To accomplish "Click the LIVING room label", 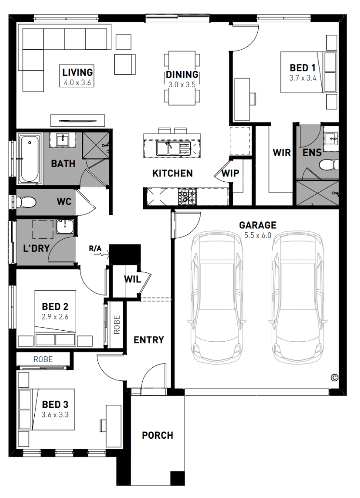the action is [78, 72].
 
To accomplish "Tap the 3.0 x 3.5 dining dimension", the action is [182, 85].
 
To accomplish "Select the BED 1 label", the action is [303, 67].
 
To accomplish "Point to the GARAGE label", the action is [257, 225].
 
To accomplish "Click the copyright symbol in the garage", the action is [334, 377].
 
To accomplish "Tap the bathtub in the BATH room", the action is [30, 159].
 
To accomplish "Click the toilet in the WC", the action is [26, 202].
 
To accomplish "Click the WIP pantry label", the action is [230, 173].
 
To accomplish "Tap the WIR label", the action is [281, 152].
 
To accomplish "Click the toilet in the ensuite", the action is [329, 165].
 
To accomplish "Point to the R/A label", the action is [95, 248].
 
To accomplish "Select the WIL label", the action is [133, 279].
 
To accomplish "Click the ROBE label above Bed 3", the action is [43, 359].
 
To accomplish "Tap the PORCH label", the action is [158, 435].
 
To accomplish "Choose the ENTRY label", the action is [148, 340].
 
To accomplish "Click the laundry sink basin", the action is [65, 227].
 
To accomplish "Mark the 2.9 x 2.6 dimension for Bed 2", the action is [55, 317].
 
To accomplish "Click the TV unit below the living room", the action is [78, 121].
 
